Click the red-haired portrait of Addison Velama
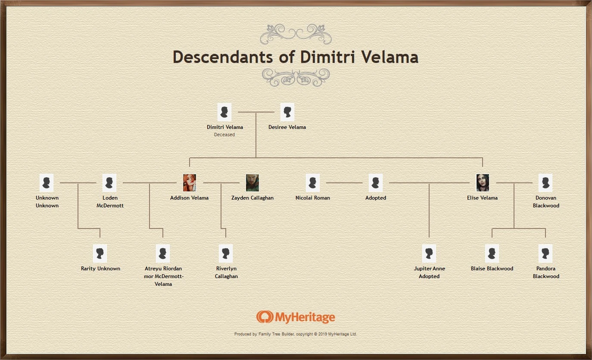(190, 183)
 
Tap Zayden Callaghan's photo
(252, 183)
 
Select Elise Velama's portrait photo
(483, 183)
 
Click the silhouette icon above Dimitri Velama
(224, 112)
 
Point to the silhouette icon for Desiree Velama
(287, 112)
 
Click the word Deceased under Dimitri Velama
(224, 135)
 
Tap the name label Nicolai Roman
(313, 198)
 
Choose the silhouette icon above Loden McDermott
(110, 183)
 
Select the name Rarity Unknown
(100, 269)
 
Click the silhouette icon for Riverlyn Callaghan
(226, 254)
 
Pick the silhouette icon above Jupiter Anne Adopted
(429, 254)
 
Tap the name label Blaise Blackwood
(492, 269)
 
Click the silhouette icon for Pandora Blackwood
(545, 254)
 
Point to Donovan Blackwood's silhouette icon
(545, 183)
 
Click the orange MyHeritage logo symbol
(265, 317)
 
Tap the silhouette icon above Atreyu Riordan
(163, 254)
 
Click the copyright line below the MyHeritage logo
(296, 334)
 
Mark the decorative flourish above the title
(296, 34)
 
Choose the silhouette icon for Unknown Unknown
(47, 183)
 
